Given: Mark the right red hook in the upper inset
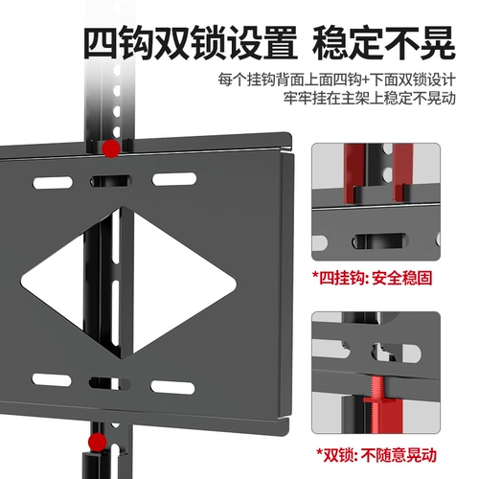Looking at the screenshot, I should [408, 172].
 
